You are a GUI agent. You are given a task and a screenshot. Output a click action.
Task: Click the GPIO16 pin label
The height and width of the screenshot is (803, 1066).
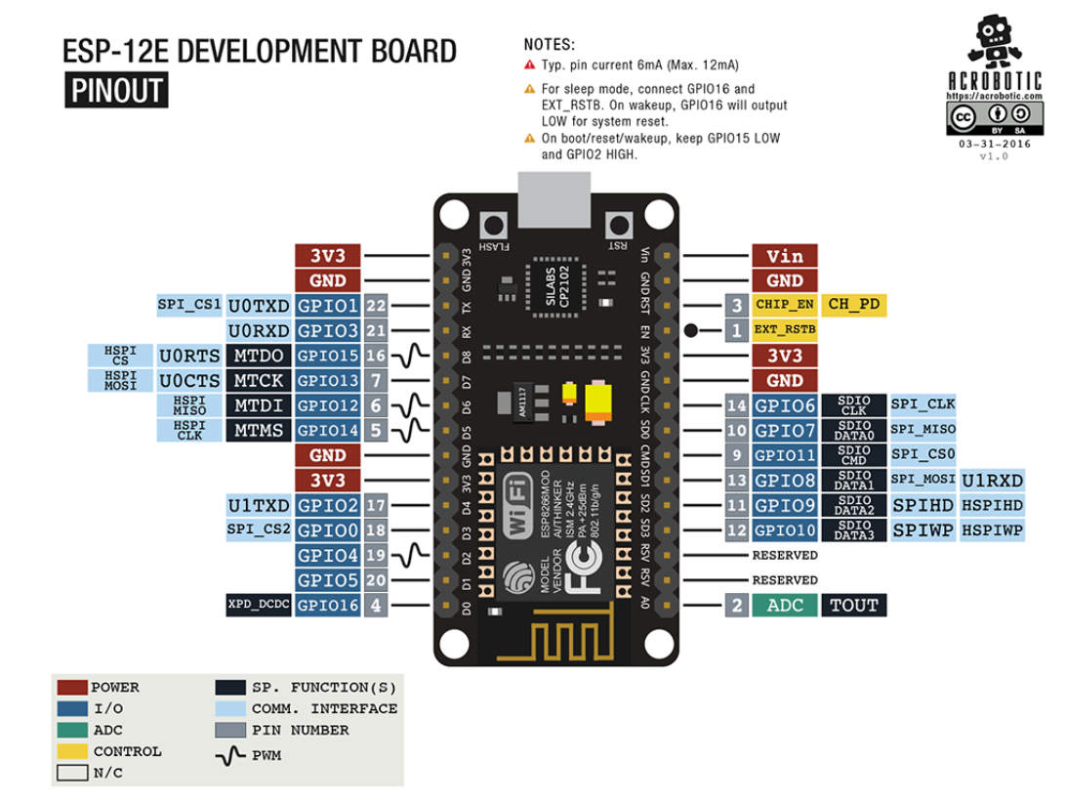[x=328, y=606]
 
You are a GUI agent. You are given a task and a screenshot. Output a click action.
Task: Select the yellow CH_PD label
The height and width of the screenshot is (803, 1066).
[x=854, y=305]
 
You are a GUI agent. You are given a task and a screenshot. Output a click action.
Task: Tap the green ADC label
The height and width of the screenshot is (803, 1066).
[x=785, y=606]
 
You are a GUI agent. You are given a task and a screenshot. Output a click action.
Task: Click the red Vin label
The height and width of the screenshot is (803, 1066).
[x=785, y=256]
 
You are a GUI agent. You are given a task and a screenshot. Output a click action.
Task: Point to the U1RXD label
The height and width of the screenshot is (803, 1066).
[x=992, y=480]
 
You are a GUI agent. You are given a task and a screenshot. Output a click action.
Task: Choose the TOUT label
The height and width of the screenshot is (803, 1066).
[x=854, y=606]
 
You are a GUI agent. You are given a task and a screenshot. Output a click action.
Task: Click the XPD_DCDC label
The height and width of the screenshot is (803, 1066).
[x=258, y=606]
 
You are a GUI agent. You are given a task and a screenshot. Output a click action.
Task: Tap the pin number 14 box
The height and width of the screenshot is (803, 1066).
[x=737, y=405]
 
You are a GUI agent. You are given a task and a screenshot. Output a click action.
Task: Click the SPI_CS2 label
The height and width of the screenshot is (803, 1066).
[x=258, y=529]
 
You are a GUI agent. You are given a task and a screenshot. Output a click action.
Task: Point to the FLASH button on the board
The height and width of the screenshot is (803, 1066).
[x=495, y=222]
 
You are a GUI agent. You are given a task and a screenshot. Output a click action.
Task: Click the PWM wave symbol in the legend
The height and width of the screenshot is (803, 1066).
[x=230, y=755]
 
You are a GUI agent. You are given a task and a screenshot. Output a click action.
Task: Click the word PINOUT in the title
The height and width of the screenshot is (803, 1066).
[x=116, y=91]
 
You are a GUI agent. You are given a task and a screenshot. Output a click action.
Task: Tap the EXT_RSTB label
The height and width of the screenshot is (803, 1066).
[x=785, y=330]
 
